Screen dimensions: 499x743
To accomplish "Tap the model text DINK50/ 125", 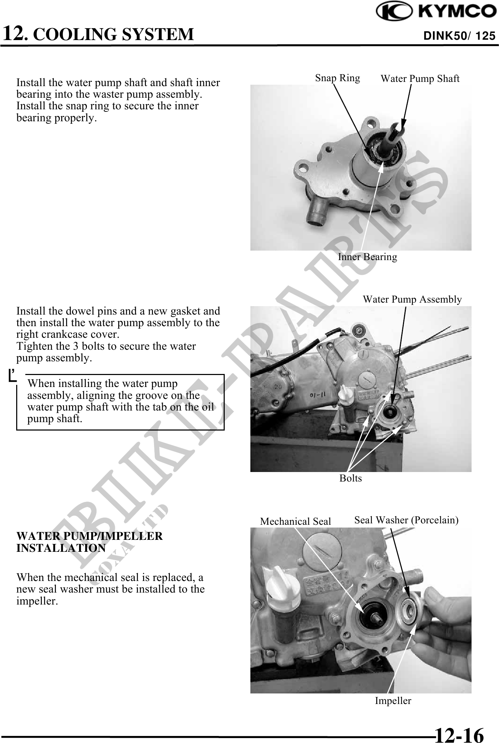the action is (x=460, y=36).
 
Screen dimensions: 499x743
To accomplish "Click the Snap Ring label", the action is (x=338, y=78).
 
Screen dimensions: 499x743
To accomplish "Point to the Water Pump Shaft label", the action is (x=420, y=78).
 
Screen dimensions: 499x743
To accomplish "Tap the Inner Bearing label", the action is (x=367, y=257).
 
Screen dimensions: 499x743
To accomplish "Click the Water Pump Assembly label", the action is (x=412, y=299).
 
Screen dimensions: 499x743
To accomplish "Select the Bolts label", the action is (x=351, y=478).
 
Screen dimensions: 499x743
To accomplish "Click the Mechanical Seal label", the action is (x=295, y=521).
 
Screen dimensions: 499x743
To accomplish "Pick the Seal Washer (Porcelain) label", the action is (x=406, y=520).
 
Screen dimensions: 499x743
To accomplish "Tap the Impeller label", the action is (x=393, y=700).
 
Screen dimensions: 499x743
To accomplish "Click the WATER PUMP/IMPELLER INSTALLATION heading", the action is (x=90, y=542).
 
